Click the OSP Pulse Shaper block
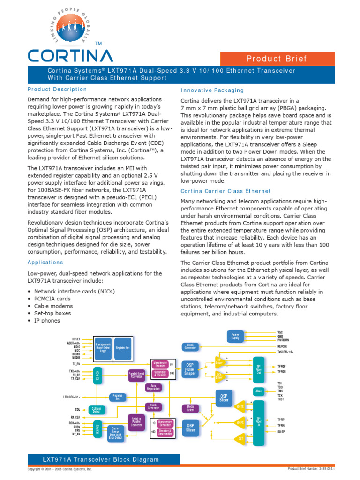(x=190, y=369)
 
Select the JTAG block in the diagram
(x=258, y=390)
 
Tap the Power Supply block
(x=235, y=336)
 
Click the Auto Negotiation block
(x=153, y=387)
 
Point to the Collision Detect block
(x=97, y=410)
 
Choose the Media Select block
(x=190, y=408)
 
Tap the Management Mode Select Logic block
(x=103, y=348)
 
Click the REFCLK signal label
(x=285, y=346)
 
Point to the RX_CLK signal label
(x=75, y=417)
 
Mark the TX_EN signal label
(x=76, y=364)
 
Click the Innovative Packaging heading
(x=212, y=90)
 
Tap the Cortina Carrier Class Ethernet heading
(x=225, y=191)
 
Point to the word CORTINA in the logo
(x=70, y=56)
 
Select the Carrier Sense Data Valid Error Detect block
(x=115, y=433)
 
